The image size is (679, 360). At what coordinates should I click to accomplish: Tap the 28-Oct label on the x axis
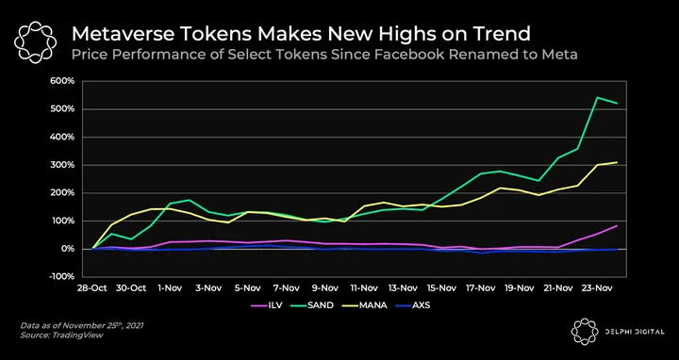[91, 287]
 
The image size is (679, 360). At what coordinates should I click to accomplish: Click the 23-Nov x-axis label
[595, 287]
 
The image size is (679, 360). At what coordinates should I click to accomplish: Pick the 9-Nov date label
[325, 287]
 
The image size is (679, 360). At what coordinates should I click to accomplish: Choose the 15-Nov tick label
[441, 287]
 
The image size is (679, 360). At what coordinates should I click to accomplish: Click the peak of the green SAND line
[597, 97]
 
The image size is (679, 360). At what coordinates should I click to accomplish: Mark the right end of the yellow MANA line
[617, 162]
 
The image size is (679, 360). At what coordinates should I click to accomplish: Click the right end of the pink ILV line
[617, 225]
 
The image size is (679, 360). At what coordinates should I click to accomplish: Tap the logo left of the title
[36, 42]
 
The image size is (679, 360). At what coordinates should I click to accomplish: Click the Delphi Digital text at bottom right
[635, 332]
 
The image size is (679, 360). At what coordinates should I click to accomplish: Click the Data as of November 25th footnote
[81, 326]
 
